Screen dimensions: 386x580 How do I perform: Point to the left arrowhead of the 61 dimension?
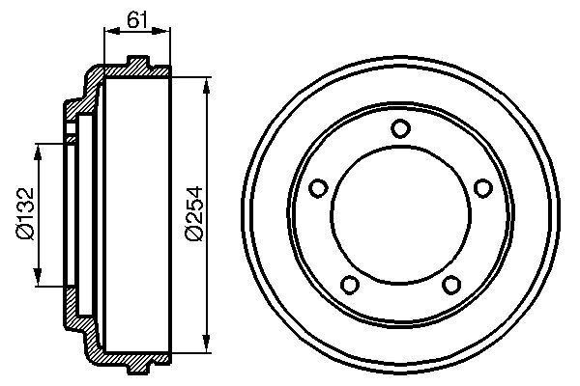[106, 31]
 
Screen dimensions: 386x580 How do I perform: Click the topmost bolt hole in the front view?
[400, 128]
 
